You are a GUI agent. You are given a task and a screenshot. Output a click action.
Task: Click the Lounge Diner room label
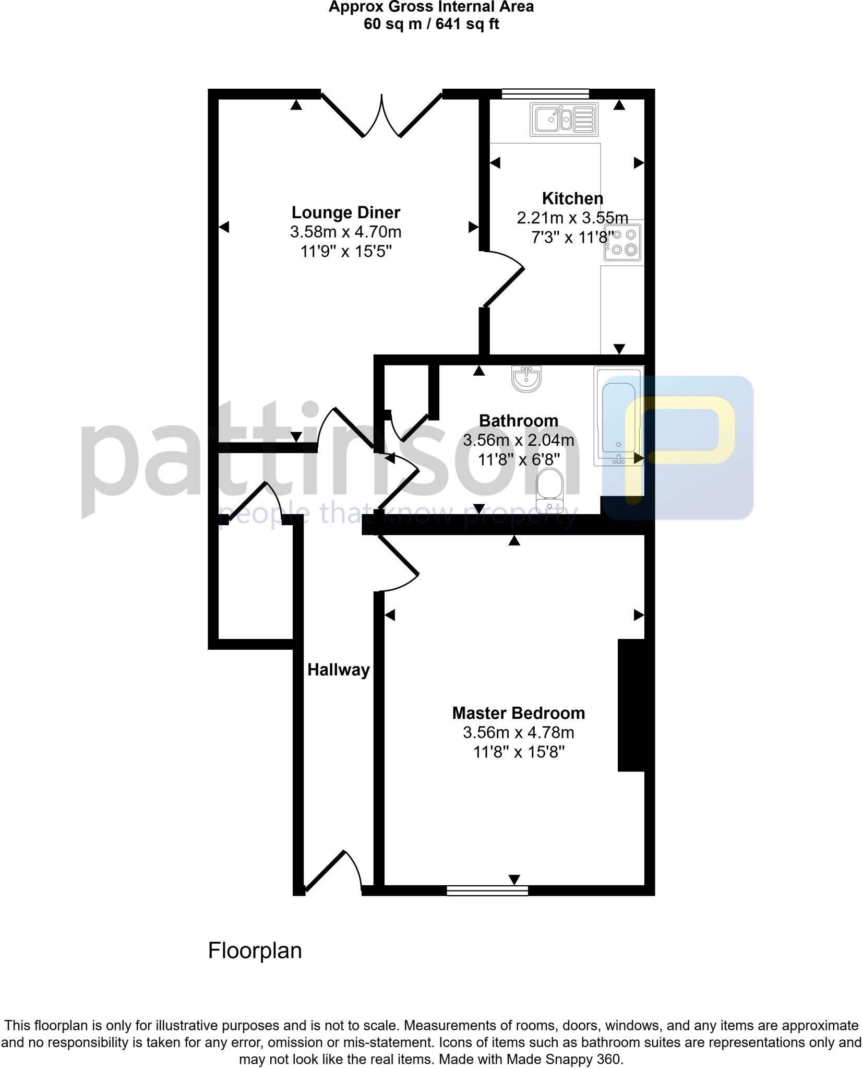pos(345,212)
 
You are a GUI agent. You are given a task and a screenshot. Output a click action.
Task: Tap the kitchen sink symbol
pos(564,120)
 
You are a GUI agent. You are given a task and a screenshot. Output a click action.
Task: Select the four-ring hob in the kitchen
pos(622,243)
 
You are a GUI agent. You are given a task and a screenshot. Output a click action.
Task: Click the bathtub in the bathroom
pos(619,416)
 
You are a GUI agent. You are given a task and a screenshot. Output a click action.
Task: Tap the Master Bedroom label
pos(518,713)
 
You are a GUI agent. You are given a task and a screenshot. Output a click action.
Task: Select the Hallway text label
pos(338,670)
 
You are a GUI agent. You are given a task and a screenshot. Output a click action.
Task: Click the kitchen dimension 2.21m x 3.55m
pos(572,218)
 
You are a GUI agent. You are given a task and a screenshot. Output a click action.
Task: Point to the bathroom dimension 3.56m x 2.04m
pos(518,441)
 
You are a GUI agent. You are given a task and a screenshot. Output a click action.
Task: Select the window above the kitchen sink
pos(545,94)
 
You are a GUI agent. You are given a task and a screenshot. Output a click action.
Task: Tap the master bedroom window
pos(487,890)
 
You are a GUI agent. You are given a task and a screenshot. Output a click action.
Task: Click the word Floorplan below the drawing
pos(255,951)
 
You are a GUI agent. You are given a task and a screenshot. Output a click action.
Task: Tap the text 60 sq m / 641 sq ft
pos(431,25)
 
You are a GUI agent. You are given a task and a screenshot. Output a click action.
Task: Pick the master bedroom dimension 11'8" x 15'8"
pos(518,752)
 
